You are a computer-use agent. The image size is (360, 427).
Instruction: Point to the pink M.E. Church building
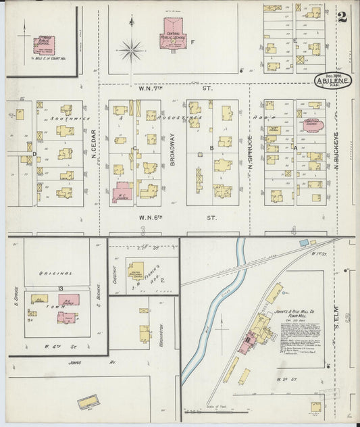pyautogui.click(x=122, y=192)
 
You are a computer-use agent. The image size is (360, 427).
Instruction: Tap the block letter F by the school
pyautogui.click(x=193, y=42)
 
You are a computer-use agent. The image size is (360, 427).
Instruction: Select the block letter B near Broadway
pyautogui.click(x=211, y=147)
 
